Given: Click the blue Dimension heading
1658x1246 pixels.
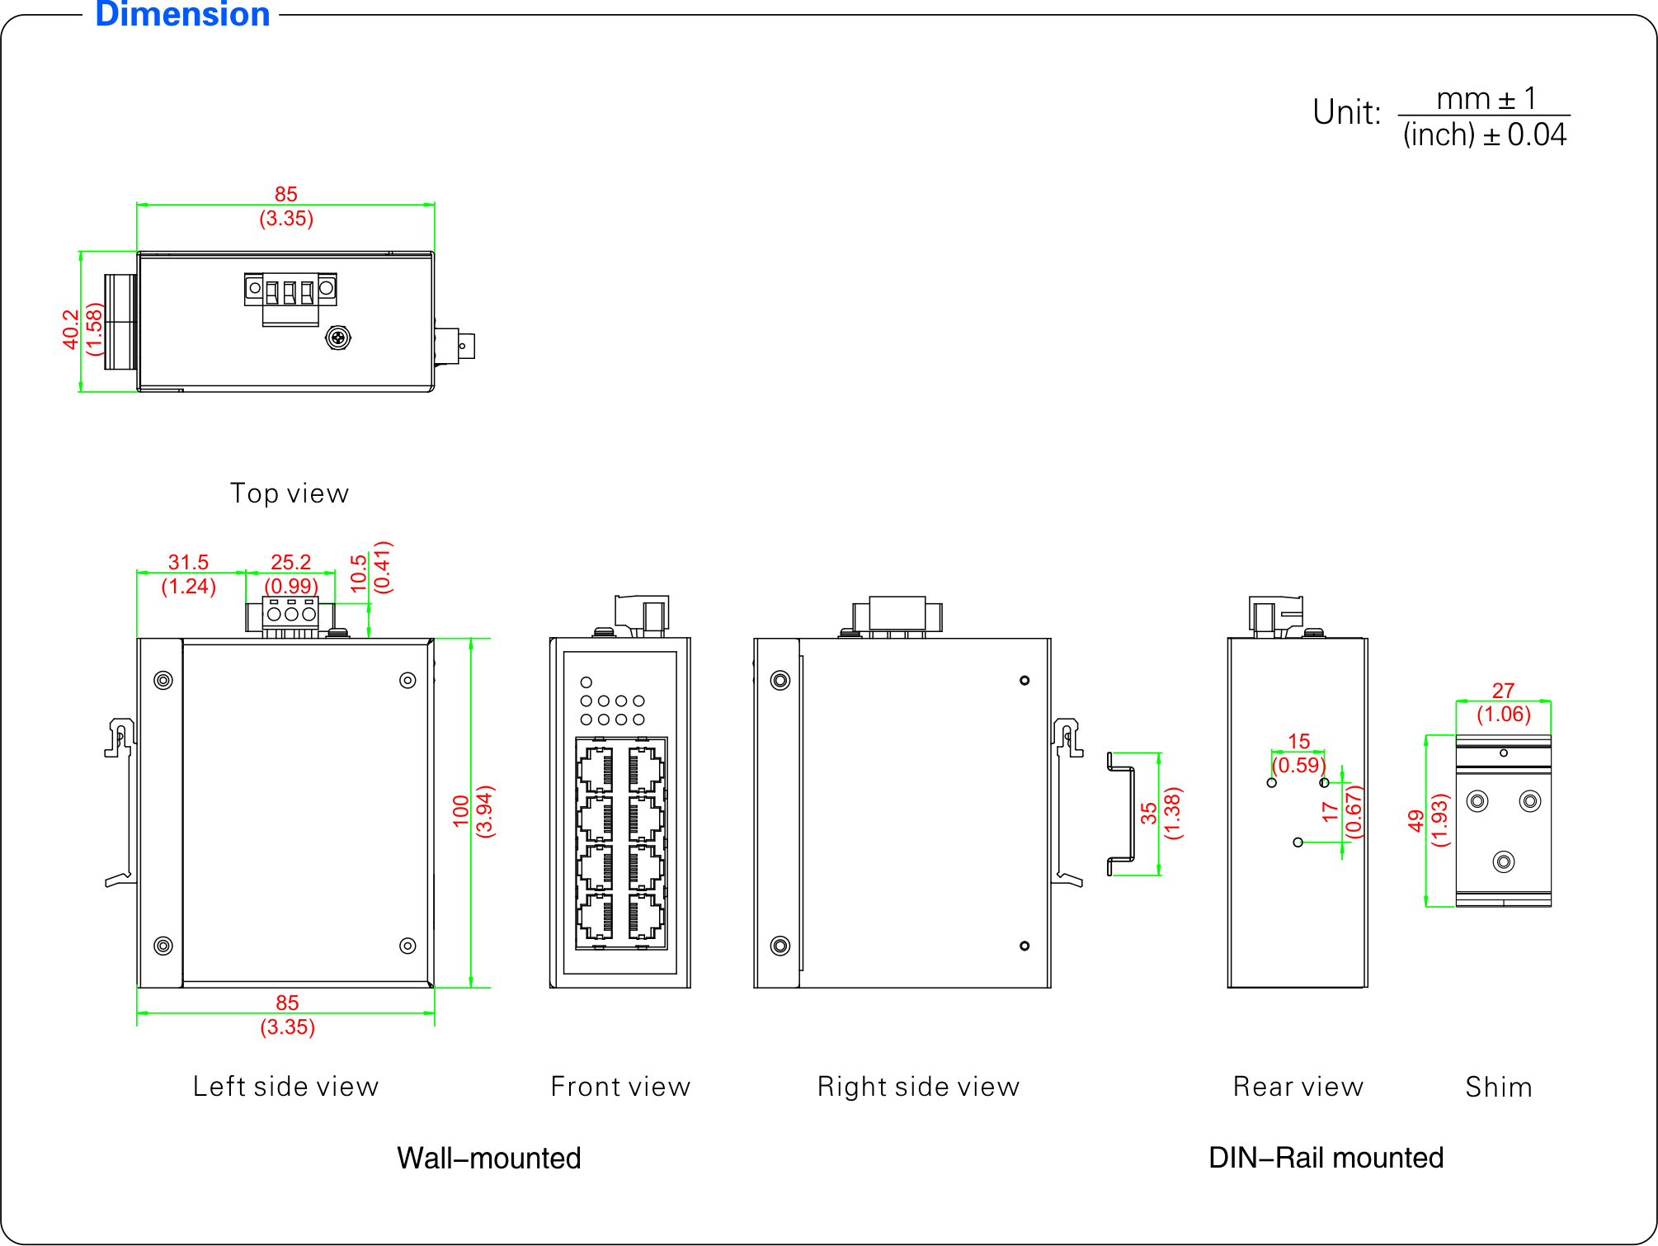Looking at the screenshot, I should click(x=182, y=15).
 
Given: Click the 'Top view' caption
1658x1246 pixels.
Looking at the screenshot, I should click(x=290, y=493).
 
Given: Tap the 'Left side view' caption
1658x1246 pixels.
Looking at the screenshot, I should click(x=285, y=1087).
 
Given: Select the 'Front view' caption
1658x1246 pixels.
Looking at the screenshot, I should click(x=620, y=1087).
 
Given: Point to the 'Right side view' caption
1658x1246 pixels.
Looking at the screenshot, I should click(x=918, y=1087).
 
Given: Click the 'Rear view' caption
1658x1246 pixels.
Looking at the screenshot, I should click(x=1298, y=1087).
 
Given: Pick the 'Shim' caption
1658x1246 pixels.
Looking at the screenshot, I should click(x=1499, y=1087).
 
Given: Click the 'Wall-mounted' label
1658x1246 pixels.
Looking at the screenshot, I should click(x=489, y=1159).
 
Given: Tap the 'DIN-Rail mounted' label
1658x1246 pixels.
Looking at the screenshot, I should click(x=1326, y=1158).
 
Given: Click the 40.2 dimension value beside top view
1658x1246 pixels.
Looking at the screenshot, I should click(x=71, y=328).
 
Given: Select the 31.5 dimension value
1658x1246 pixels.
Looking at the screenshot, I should click(x=188, y=562).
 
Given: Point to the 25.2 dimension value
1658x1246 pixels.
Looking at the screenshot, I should click(x=290, y=562).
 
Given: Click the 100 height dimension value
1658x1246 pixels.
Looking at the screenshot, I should click(x=461, y=811).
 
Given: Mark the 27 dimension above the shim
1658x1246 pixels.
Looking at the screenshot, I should click(x=1503, y=691).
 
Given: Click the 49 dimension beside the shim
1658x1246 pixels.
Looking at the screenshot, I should click(x=1416, y=820).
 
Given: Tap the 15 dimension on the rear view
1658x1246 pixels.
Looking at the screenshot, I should click(x=1298, y=741).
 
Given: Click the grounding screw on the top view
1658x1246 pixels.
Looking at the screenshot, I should click(x=338, y=337).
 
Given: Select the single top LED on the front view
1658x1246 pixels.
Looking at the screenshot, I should click(x=586, y=682).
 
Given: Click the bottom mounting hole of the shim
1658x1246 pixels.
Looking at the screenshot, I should click(x=1504, y=862).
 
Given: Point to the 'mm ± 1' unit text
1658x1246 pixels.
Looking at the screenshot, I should click(x=1486, y=99).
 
